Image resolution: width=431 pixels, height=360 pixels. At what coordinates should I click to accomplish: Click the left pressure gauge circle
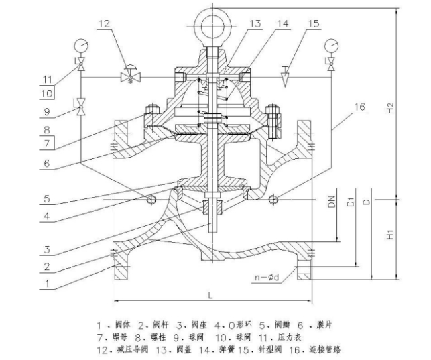[x=80, y=46]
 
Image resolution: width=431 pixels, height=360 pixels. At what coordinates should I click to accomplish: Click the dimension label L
[x=210, y=293]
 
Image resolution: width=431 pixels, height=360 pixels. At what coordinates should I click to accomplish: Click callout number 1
[x=48, y=283]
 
